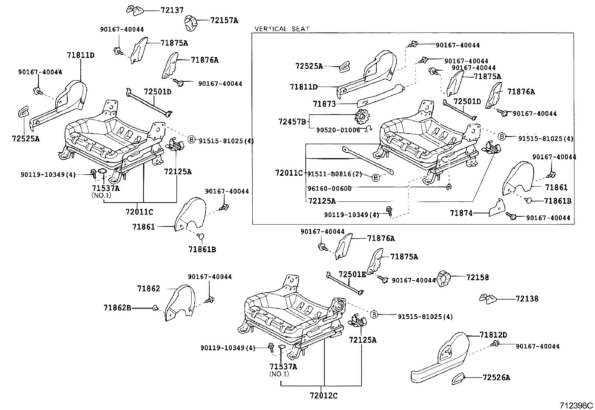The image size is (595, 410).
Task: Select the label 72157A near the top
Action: click(x=223, y=21)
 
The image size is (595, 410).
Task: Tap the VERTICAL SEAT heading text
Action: click(x=282, y=29)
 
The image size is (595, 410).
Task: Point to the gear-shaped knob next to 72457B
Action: click(x=361, y=118)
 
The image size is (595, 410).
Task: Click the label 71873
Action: click(x=324, y=104)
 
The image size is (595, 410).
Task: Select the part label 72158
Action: click(x=477, y=278)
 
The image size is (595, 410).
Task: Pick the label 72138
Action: click(x=527, y=298)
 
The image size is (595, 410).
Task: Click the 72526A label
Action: click(x=496, y=378)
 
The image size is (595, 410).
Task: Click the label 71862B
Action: click(x=117, y=307)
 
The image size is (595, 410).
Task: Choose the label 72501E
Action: click(x=352, y=274)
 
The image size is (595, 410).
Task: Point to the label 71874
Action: click(x=461, y=213)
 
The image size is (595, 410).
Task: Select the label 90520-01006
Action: click(x=338, y=130)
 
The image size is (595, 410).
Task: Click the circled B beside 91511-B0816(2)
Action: click(x=376, y=178)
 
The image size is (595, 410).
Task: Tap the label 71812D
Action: click(x=493, y=335)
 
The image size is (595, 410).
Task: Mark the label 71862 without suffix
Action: click(x=148, y=288)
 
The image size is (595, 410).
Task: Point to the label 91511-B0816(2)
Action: click(x=334, y=174)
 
